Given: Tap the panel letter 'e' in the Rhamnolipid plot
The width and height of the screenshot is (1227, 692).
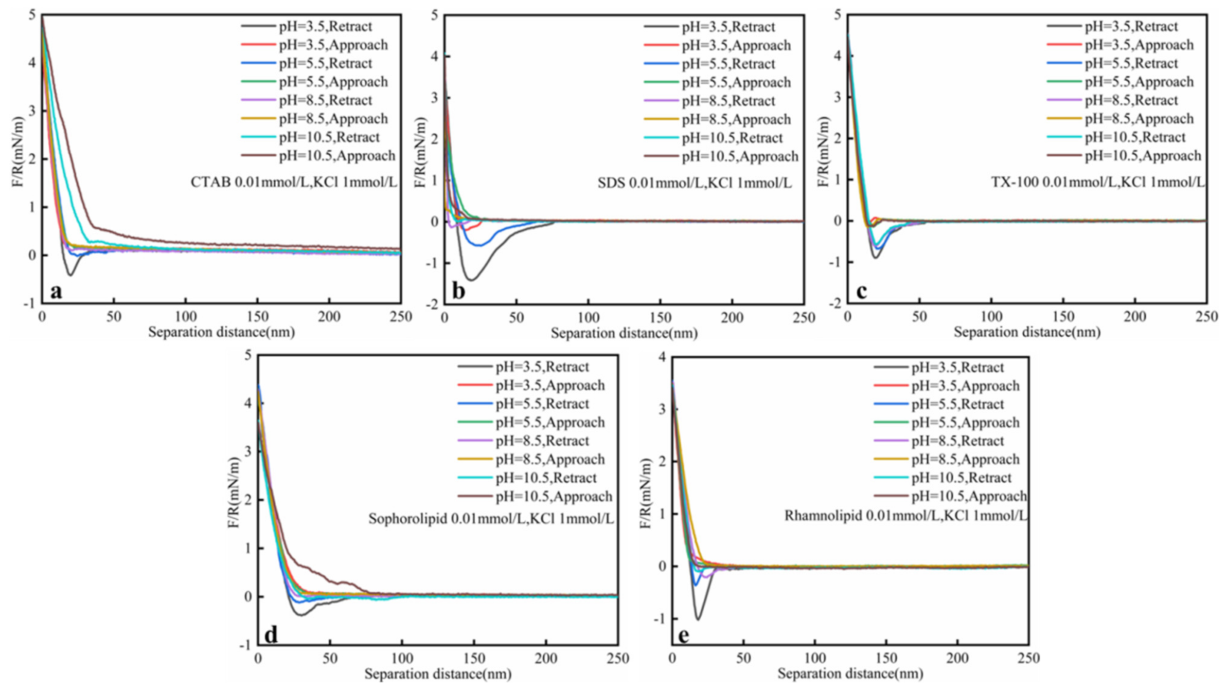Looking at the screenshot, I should point(683,635).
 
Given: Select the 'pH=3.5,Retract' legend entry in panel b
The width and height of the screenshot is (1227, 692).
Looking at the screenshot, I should point(728,27).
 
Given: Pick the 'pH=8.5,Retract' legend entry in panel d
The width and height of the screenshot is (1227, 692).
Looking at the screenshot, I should point(542,441).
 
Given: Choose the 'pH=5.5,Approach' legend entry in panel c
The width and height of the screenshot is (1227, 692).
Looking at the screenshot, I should point(1139,82).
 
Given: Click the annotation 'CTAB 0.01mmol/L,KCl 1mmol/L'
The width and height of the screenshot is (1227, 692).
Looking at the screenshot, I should point(294,183).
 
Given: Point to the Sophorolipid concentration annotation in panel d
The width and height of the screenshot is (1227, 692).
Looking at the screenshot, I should point(491,519).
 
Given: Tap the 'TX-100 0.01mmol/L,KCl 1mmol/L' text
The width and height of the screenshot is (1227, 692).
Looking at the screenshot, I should point(1098,183).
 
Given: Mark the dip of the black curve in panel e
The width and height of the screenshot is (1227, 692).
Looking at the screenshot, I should point(698,619).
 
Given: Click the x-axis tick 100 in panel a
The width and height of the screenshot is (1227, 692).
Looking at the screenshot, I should point(186,317).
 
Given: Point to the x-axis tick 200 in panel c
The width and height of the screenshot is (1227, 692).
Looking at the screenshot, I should point(1134,317).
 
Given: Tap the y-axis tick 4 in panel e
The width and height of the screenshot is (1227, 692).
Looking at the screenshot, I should point(662,356).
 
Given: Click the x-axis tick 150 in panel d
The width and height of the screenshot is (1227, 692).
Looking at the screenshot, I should point(474,658).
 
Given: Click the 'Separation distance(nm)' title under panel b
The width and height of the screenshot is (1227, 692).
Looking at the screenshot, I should point(624,333).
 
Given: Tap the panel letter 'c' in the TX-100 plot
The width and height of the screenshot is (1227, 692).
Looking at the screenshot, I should point(861,292).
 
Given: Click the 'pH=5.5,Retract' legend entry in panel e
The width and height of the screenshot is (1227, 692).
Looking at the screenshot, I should point(957,404).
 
